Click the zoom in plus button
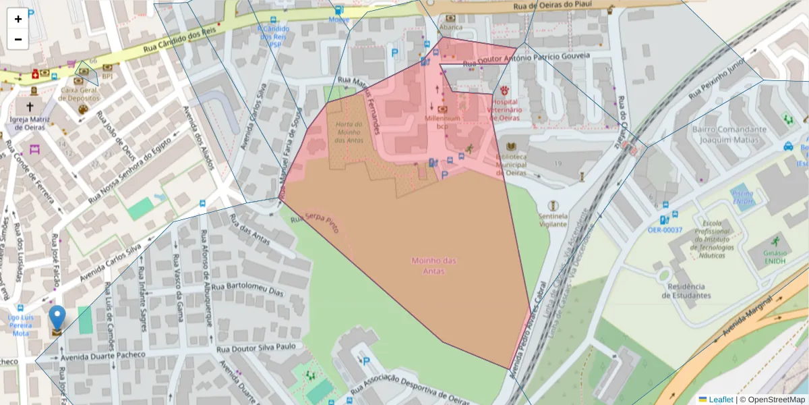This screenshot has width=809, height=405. [18, 19]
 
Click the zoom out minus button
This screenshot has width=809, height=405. [18, 39]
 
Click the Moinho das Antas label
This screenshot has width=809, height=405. [434, 265]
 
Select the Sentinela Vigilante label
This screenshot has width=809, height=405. [552, 220]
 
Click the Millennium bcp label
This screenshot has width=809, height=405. [442, 122]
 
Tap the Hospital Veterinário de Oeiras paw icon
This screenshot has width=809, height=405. [504, 90]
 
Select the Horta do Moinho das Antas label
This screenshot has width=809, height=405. [349, 132]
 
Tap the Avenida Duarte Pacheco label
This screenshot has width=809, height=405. [102, 355]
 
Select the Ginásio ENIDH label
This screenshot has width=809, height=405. [775, 257]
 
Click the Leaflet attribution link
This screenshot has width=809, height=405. [721, 400]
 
